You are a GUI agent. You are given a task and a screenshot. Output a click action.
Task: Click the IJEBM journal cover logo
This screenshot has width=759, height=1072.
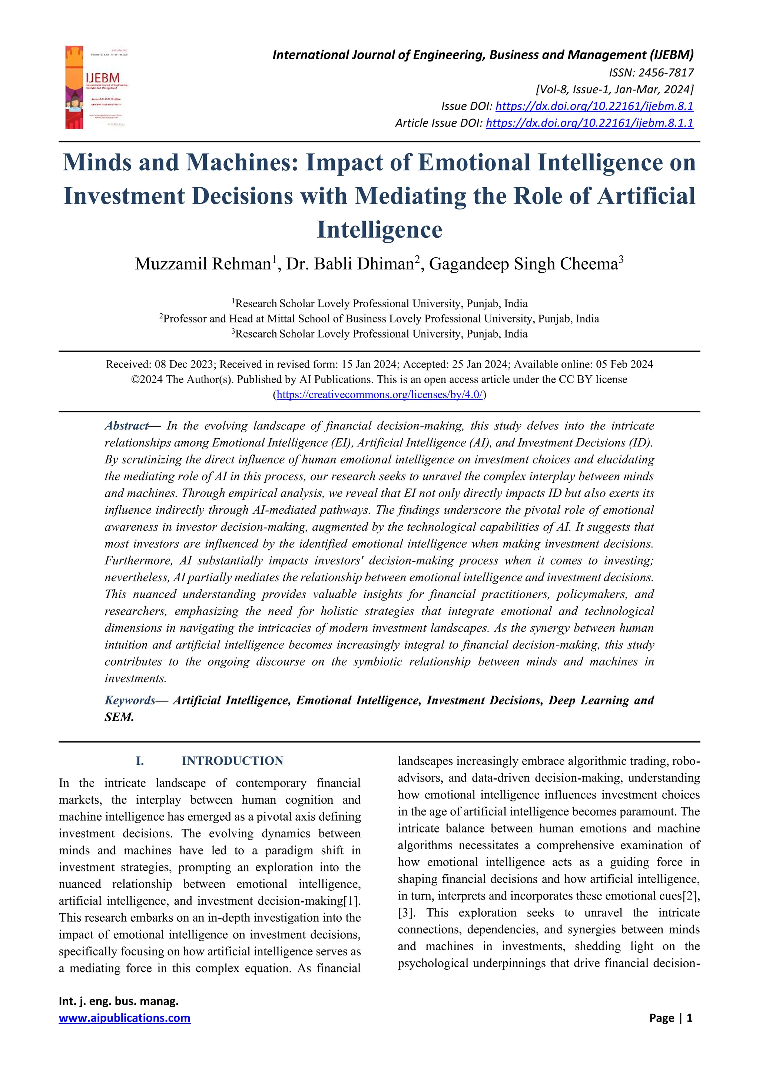[x=97, y=87]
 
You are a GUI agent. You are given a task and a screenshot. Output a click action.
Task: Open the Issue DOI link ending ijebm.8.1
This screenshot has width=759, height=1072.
[x=594, y=106]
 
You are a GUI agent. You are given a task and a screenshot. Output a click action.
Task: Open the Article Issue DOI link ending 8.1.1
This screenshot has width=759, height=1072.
[x=589, y=123]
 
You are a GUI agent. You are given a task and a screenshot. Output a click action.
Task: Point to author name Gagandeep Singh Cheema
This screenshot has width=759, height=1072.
[x=523, y=264]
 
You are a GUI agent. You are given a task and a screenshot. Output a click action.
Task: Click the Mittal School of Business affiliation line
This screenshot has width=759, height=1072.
[x=379, y=319]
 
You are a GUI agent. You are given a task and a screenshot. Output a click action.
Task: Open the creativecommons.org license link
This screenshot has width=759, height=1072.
[x=379, y=395]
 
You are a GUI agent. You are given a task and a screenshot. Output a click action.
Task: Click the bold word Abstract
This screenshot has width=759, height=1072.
[x=126, y=426]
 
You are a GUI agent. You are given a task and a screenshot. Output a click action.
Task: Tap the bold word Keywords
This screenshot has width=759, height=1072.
[x=129, y=700]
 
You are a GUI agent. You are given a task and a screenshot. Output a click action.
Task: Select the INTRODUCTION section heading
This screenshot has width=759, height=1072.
[x=232, y=761]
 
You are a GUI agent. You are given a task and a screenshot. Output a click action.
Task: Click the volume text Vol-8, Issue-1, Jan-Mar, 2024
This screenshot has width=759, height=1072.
[x=614, y=89]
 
